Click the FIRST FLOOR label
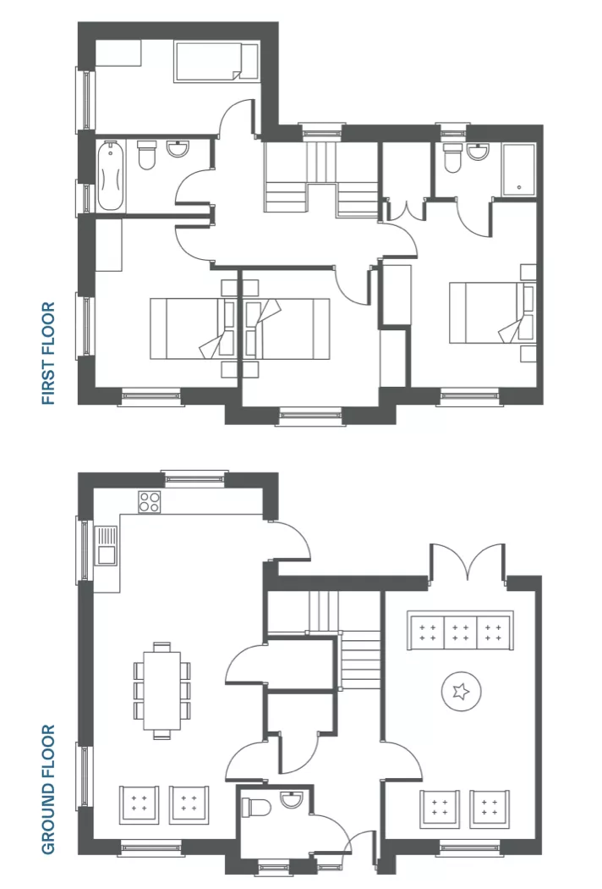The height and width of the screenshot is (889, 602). [49, 353]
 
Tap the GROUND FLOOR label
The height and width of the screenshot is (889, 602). [49, 789]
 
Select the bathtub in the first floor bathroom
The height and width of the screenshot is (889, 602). [109, 176]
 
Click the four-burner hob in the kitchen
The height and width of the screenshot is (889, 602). [150, 502]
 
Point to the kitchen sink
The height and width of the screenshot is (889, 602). [107, 545]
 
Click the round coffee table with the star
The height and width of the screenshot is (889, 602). [461, 691]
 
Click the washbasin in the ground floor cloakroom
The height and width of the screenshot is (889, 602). [293, 799]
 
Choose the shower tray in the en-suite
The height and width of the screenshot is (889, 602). [519, 169]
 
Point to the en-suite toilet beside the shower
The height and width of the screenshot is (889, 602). [453, 157]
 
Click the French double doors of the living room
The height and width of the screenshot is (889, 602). [468, 562]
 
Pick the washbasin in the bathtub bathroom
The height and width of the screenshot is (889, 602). [178, 149]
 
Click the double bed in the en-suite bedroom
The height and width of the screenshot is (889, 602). [491, 313]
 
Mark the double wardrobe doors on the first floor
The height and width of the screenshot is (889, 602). [407, 208]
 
